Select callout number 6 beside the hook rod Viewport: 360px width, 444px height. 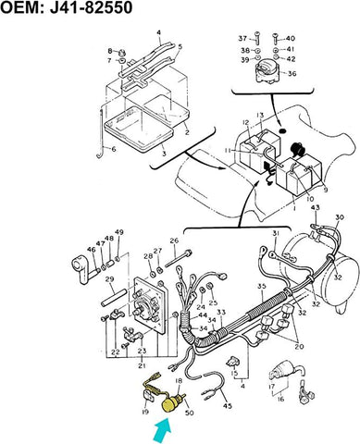(x=113, y=149)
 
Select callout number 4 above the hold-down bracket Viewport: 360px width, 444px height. (x=158, y=32)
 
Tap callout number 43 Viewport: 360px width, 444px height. (x=315, y=208)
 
